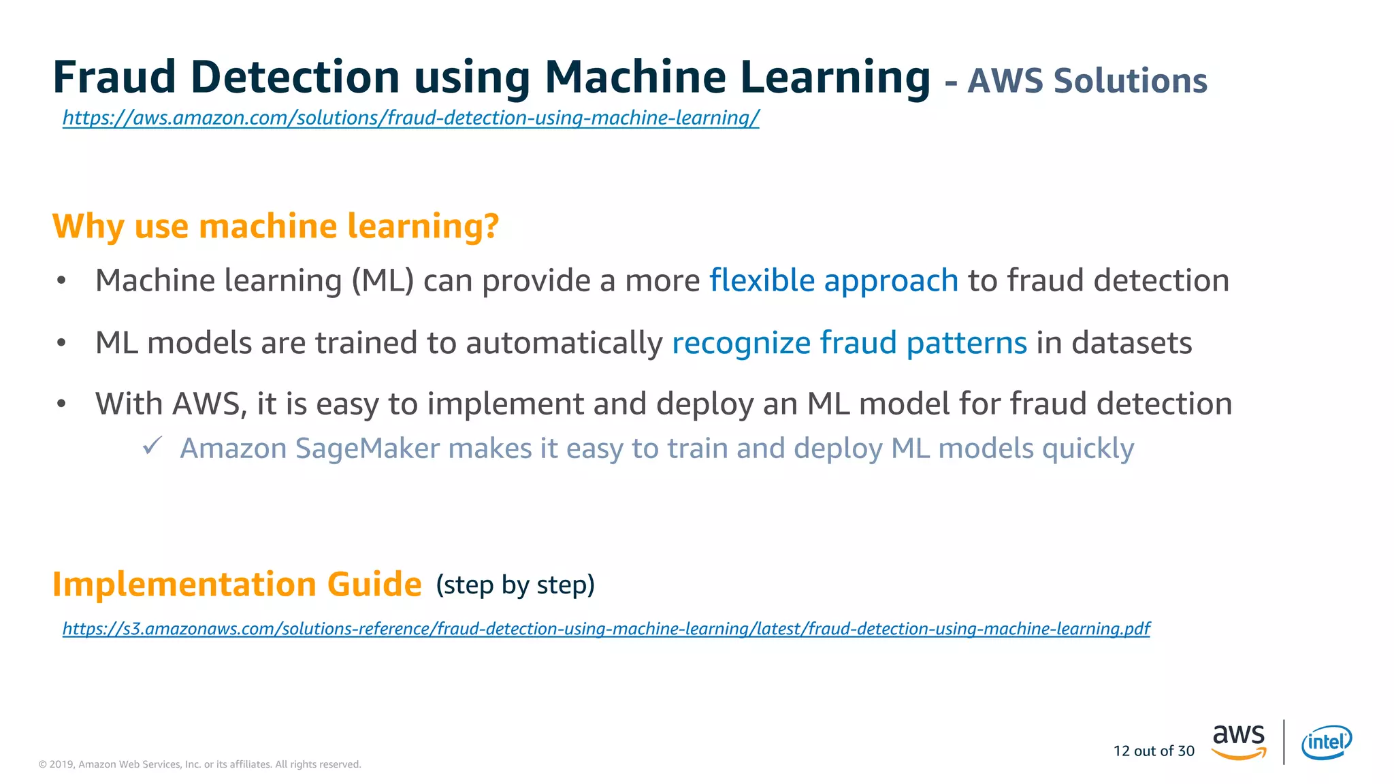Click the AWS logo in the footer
pos(1238,742)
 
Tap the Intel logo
pos(1326,742)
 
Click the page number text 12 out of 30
pos(1154,751)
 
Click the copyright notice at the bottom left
pos(199,764)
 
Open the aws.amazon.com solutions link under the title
pos(410,118)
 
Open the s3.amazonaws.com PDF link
pos(606,628)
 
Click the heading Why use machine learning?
pos(276,226)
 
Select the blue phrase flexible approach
pos(833,280)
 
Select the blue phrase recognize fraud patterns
pos(849,342)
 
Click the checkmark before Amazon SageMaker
pos(152,446)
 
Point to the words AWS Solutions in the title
pos(1087,81)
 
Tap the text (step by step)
pos(515,585)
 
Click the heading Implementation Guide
pos(237,585)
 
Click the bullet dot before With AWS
pos(61,404)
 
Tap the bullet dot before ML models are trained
pos(61,342)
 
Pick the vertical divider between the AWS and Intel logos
pos(1284,742)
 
